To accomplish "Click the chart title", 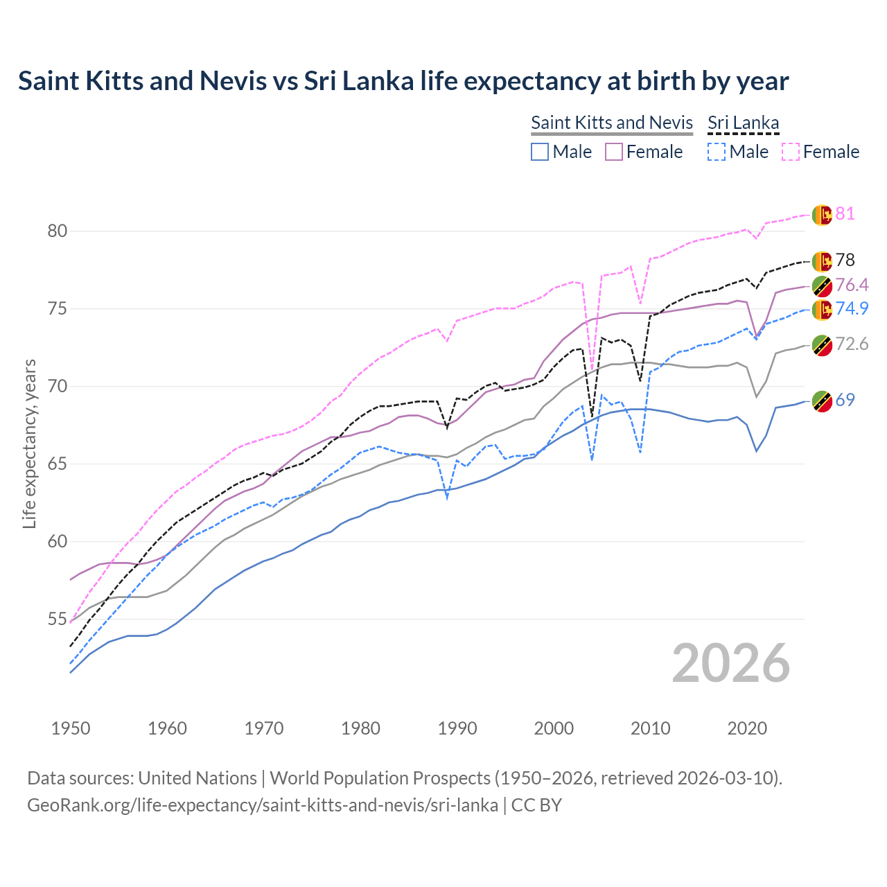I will (x=403, y=81).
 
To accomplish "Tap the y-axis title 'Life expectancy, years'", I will (x=29, y=443).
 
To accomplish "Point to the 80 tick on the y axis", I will (x=58, y=231).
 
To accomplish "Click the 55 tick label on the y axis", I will (x=58, y=619).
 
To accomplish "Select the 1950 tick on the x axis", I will (x=71, y=728).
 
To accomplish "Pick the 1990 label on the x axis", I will (x=457, y=728).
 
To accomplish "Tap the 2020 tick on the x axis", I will (x=747, y=728).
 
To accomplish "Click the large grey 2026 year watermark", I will (x=731, y=663).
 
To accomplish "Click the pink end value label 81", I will (x=845, y=213).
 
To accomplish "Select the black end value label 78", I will (x=845, y=260).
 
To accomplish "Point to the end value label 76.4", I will (x=852, y=285).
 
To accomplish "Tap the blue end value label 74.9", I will (x=852, y=308).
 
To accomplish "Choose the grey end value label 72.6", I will (x=852, y=344).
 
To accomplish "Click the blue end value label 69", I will (x=845, y=400).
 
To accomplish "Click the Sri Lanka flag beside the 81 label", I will (x=822, y=215).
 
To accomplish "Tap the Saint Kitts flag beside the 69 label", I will (x=822, y=401).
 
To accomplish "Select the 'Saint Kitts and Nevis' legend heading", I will (x=612, y=123).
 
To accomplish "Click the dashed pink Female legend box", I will (x=791, y=152).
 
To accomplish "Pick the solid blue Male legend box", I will (x=540, y=152).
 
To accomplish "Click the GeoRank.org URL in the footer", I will (x=262, y=805).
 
